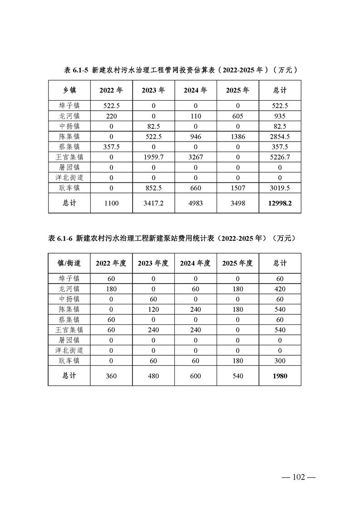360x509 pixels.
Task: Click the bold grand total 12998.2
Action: click(x=280, y=204)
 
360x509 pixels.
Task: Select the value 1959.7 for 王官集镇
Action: click(x=153, y=157)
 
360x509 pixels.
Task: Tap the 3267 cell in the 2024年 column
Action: click(x=196, y=157)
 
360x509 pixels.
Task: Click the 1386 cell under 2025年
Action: click(x=238, y=136)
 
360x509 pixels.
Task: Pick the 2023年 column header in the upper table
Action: click(x=153, y=90)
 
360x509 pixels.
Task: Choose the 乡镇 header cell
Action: click(x=69, y=90)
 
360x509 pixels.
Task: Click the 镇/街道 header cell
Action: click(x=69, y=263)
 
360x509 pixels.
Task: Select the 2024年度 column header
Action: click(x=196, y=263)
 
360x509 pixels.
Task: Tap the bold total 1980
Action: click(x=280, y=376)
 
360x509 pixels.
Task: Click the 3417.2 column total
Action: click(x=153, y=204)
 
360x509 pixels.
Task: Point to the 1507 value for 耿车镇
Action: click(x=238, y=188)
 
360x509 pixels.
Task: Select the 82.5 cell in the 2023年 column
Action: click(x=153, y=126)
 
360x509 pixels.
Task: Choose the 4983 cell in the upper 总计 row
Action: click(x=196, y=204)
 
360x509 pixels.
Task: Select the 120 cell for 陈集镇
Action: click(x=153, y=309)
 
